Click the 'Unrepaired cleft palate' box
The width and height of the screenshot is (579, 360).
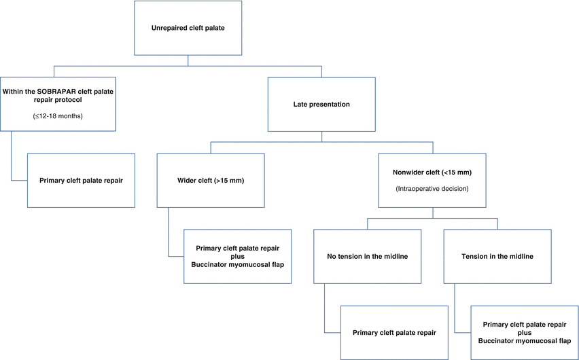(x=187, y=29)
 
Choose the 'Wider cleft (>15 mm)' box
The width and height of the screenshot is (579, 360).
(x=211, y=181)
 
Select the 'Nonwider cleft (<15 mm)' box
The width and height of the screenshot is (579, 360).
(x=432, y=180)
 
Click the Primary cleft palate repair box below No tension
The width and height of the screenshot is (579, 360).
(x=393, y=332)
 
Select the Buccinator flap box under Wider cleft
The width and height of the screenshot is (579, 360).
(x=238, y=255)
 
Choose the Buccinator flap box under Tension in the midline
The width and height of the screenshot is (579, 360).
(x=524, y=332)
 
